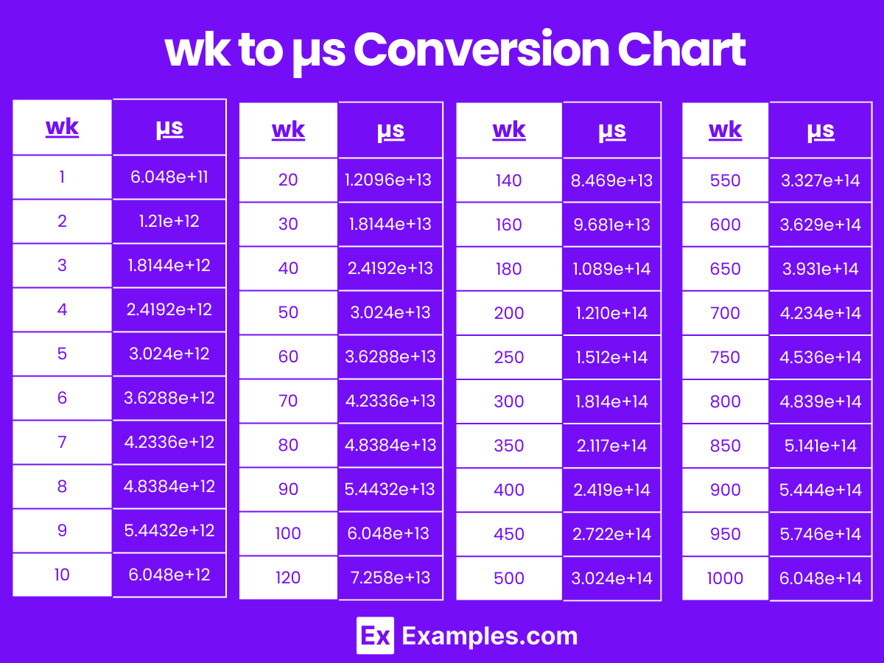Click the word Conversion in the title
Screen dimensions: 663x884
pos(481,50)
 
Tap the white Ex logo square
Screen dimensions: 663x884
pos(375,636)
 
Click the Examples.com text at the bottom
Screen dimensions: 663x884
pos(490,636)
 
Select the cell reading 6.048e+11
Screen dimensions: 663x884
pos(169,177)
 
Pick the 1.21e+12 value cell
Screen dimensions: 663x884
pos(169,221)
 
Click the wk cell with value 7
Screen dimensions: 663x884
pos(62,442)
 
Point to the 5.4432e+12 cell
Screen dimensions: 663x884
pos(169,530)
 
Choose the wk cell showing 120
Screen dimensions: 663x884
pos(288,578)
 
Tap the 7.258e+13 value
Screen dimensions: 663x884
pos(390,578)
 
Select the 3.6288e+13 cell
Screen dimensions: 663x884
pos(390,357)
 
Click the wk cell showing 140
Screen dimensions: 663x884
pos(509,180)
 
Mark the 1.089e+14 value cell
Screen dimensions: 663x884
pos(611,269)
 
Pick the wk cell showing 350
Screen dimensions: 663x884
pos(509,446)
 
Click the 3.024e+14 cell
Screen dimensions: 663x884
pos(611,578)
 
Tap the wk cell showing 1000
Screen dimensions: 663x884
pos(725,578)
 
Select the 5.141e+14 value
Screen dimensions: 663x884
pos(820,446)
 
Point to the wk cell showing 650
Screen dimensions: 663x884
pos(725,269)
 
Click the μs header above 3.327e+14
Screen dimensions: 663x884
pos(820,130)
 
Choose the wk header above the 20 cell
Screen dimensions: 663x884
pos(288,130)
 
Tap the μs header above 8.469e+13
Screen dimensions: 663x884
pos(611,130)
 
